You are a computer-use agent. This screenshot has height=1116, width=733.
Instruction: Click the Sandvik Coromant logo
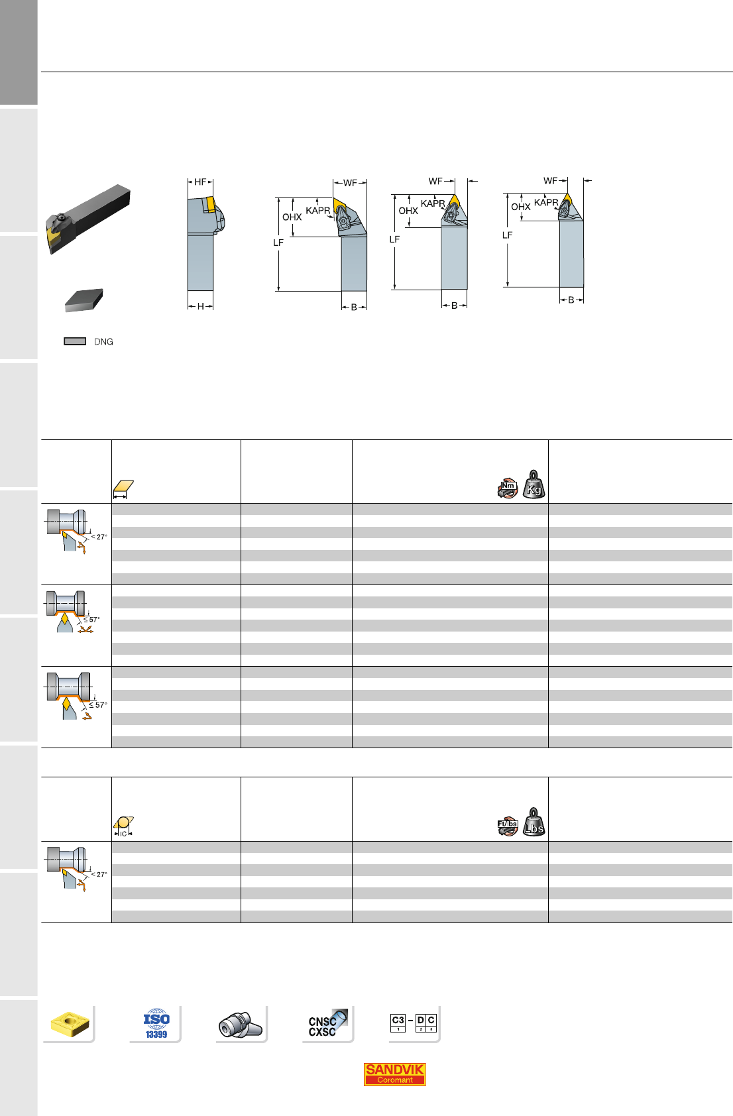pos(394,1074)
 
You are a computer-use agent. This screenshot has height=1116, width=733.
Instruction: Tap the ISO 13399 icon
pos(156,1024)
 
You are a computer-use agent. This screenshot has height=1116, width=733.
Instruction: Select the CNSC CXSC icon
pos(327,1024)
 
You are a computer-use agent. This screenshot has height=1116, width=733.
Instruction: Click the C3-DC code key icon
pos(414,1023)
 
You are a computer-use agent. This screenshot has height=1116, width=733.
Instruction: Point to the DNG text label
pos(103,342)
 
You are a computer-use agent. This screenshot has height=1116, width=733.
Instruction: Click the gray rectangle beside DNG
pos(75,341)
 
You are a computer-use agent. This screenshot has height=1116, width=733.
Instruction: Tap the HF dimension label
pos(200,182)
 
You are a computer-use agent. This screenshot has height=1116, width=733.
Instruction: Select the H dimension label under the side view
pos(200,306)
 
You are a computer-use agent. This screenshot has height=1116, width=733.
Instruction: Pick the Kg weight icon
pos(534,484)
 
